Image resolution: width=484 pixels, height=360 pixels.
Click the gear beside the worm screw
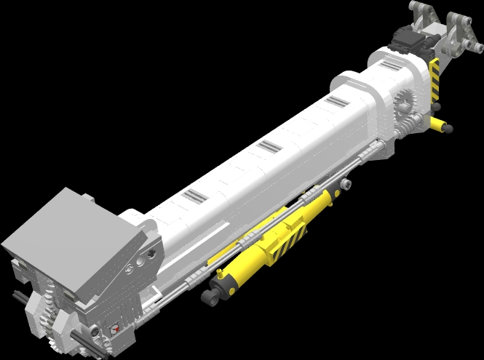point(405,106)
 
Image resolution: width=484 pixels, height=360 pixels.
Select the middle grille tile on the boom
point(269,147)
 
